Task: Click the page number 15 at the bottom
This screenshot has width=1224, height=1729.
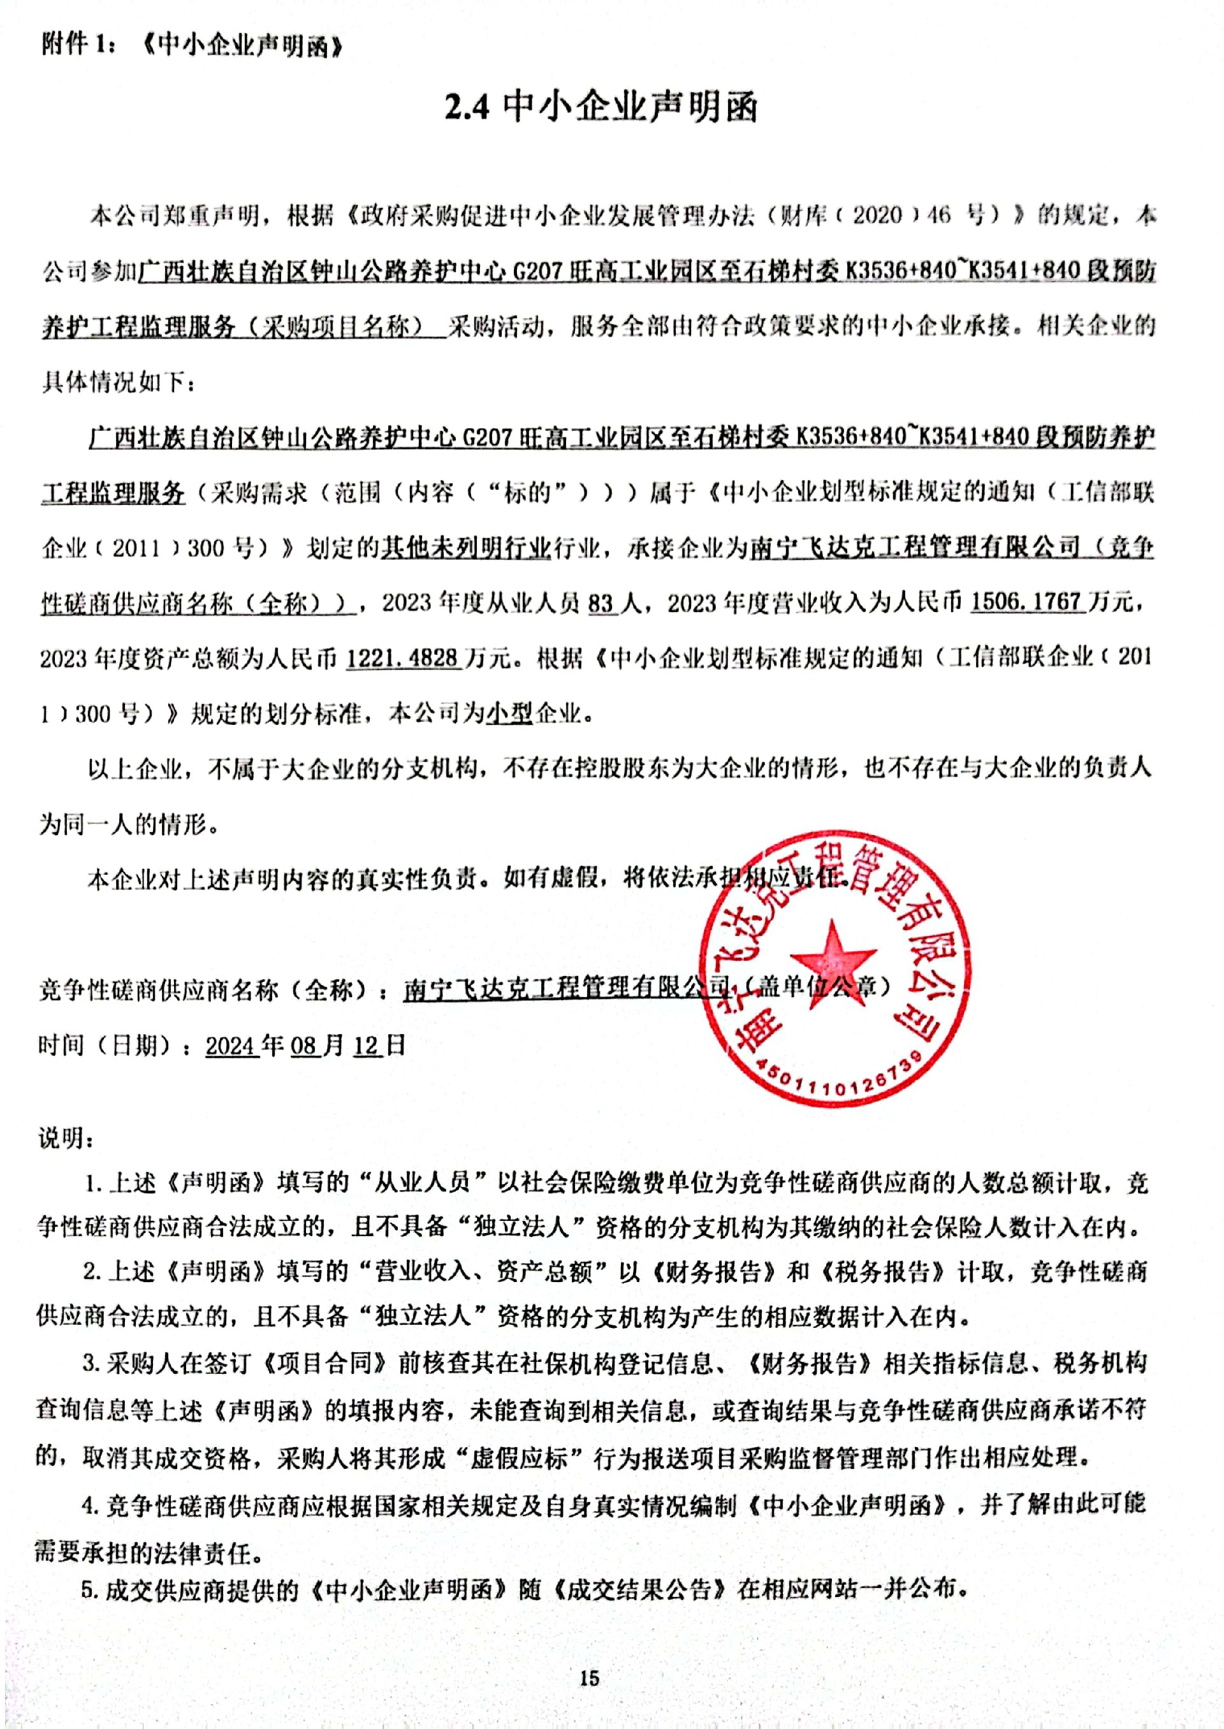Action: point(590,1678)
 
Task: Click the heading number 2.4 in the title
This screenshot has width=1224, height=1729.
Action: point(467,108)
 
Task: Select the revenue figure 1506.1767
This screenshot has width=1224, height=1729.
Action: point(1026,602)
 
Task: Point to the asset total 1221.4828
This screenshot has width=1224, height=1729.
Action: point(402,658)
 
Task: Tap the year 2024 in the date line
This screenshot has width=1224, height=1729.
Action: point(232,1046)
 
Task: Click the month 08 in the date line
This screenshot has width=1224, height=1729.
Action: point(303,1046)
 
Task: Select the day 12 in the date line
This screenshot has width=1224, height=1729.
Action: point(367,1046)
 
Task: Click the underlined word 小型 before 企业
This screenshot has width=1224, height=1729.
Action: point(509,713)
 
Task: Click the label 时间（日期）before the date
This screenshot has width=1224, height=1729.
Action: point(106,1046)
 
